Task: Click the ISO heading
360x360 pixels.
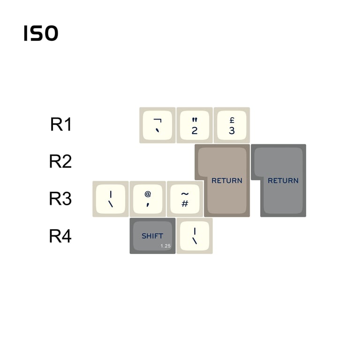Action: [x=41, y=34]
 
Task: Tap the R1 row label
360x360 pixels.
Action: [x=61, y=124]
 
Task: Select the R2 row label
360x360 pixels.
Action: [x=60, y=161]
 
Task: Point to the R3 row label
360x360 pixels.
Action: [x=60, y=199]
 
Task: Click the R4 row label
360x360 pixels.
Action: [x=60, y=236]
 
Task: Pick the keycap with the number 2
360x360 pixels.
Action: [x=195, y=125]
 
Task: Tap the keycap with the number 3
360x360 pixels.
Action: [x=232, y=125]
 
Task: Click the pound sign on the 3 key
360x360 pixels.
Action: [x=232, y=120]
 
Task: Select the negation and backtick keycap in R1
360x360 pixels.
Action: [x=157, y=125]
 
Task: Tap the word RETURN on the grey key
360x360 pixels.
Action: [x=283, y=180]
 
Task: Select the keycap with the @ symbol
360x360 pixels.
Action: [x=148, y=199]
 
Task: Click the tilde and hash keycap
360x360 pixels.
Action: [x=185, y=199]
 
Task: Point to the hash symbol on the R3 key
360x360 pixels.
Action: [x=185, y=203]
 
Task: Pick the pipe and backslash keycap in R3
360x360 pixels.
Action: [x=111, y=199]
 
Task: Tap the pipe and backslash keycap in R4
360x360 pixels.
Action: [x=195, y=236]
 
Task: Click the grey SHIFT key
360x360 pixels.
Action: [x=152, y=236]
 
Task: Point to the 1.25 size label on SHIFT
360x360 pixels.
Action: [x=165, y=246]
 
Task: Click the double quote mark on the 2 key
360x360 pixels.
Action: [x=195, y=120]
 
